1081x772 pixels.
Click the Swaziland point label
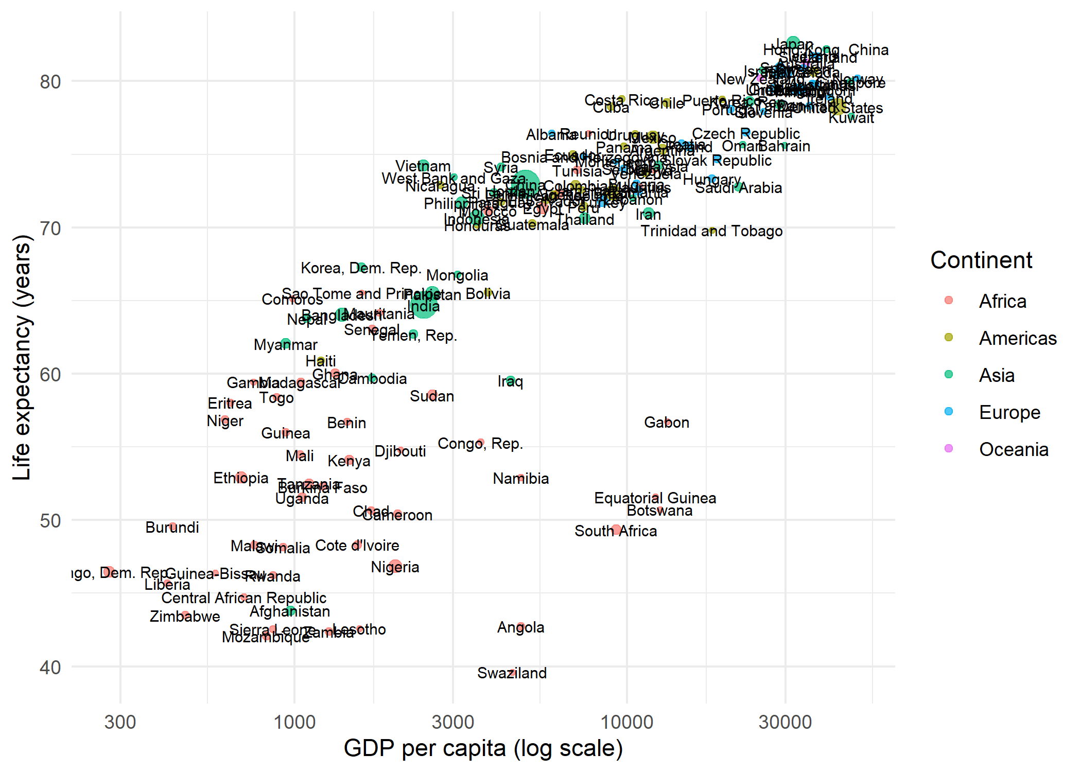click(x=512, y=673)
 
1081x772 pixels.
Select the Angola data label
click(x=520, y=627)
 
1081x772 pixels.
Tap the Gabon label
click(x=666, y=423)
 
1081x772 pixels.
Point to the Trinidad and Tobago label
click(x=711, y=231)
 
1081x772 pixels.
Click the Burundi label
click(x=172, y=528)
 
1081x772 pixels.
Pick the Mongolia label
click(x=457, y=275)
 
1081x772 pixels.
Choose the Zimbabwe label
click(x=185, y=617)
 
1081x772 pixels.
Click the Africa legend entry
click(x=1002, y=301)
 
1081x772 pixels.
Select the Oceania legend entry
click(x=1013, y=449)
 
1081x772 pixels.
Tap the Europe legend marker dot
click(x=949, y=411)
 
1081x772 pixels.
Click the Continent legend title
click(x=981, y=260)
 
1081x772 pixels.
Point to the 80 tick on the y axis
click(x=50, y=82)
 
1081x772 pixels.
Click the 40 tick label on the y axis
click(x=50, y=668)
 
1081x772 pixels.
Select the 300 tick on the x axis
click(x=120, y=722)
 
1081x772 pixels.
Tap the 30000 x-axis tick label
click(x=785, y=722)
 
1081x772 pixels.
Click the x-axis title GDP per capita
click(x=483, y=748)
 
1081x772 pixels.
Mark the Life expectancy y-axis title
click(x=22, y=358)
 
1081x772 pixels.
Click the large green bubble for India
click(x=423, y=305)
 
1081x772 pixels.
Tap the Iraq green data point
click(x=510, y=381)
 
